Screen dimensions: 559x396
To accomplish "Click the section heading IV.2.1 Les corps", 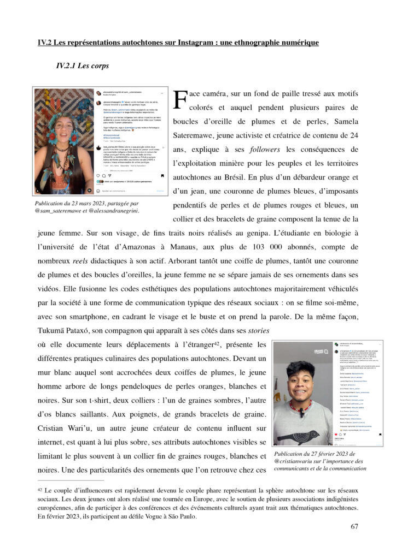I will (x=82, y=66).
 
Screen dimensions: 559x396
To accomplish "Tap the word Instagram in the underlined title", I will (x=178, y=42).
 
